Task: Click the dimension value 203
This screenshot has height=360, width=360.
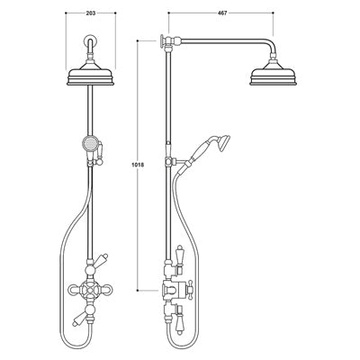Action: (x=90, y=14)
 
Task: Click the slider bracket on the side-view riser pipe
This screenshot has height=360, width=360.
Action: (x=169, y=163)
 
